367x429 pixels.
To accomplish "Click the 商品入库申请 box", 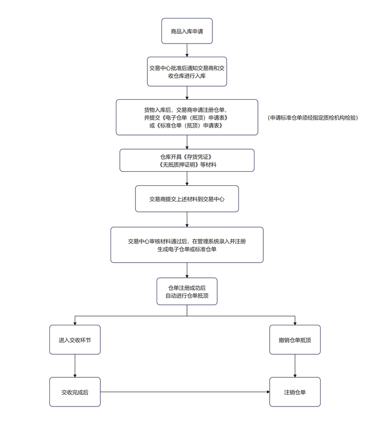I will (187, 31).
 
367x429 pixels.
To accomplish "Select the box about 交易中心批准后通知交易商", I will (187, 71).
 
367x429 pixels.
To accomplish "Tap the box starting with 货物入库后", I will (187, 117).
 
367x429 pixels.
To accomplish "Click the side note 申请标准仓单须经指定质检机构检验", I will (313, 118).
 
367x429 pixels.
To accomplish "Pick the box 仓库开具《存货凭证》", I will (187, 160).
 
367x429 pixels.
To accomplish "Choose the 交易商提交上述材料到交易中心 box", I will (187, 199).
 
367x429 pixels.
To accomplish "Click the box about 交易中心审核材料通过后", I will (187, 245).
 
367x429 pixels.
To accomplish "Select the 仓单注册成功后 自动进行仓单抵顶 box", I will (187, 292).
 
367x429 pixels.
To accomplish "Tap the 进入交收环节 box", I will (75, 340).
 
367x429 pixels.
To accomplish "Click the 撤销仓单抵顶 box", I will (295, 340).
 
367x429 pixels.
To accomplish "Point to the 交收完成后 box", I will (75, 392).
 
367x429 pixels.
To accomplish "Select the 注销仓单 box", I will (295, 392).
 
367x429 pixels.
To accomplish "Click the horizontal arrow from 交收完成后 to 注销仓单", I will (185, 392).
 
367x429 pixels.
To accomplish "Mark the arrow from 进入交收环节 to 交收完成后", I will (75, 365).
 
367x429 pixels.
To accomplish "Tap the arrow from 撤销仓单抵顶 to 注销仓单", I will (295, 365).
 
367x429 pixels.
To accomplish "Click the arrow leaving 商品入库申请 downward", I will (187, 50).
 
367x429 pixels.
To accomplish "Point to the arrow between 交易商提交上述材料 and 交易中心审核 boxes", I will (187, 219).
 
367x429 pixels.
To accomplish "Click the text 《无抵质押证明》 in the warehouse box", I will (179, 165).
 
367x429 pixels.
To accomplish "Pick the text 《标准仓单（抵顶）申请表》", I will (189, 125).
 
